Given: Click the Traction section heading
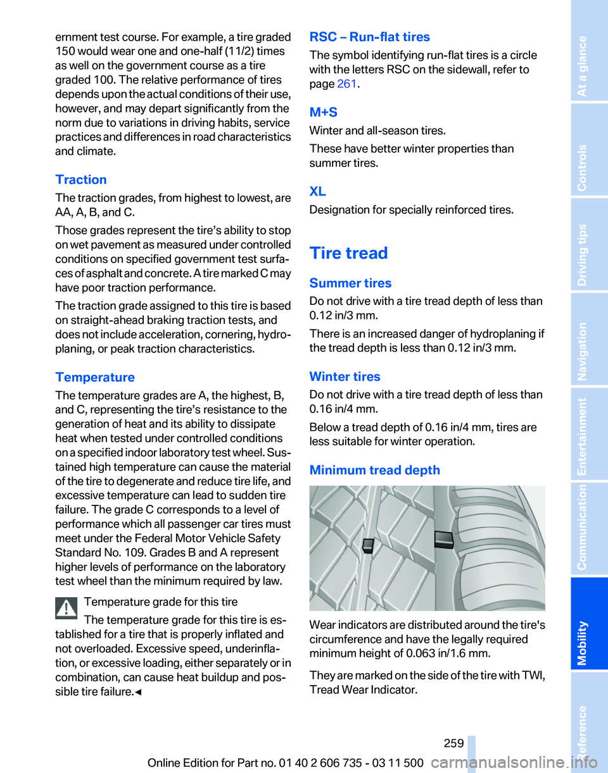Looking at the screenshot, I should [x=81, y=180].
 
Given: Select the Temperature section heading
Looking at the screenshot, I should [x=95, y=378].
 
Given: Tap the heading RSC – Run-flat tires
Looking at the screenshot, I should [x=369, y=37].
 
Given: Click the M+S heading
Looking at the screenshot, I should [x=323, y=112].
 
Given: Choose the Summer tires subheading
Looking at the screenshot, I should [x=350, y=283].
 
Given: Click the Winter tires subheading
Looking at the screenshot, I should [x=345, y=376].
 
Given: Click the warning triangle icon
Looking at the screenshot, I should [x=66, y=608].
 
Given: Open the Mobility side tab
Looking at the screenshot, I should [x=588, y=623].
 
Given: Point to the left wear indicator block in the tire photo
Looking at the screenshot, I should [x=366, y=546].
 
